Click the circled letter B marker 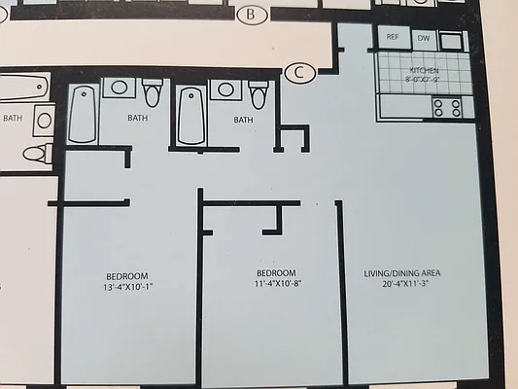[251, 14]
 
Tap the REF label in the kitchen [393, 37]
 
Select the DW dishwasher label [423, 38]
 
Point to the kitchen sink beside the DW [451, 40]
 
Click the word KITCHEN [425, 71]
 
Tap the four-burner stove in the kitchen [448, 107]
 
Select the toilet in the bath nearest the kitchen [258, 94]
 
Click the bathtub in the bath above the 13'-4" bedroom [83, 115]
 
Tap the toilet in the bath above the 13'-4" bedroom [152, 93]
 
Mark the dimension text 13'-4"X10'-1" [127, 288]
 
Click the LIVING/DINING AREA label [410, 273]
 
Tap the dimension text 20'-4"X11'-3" [410, 285]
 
